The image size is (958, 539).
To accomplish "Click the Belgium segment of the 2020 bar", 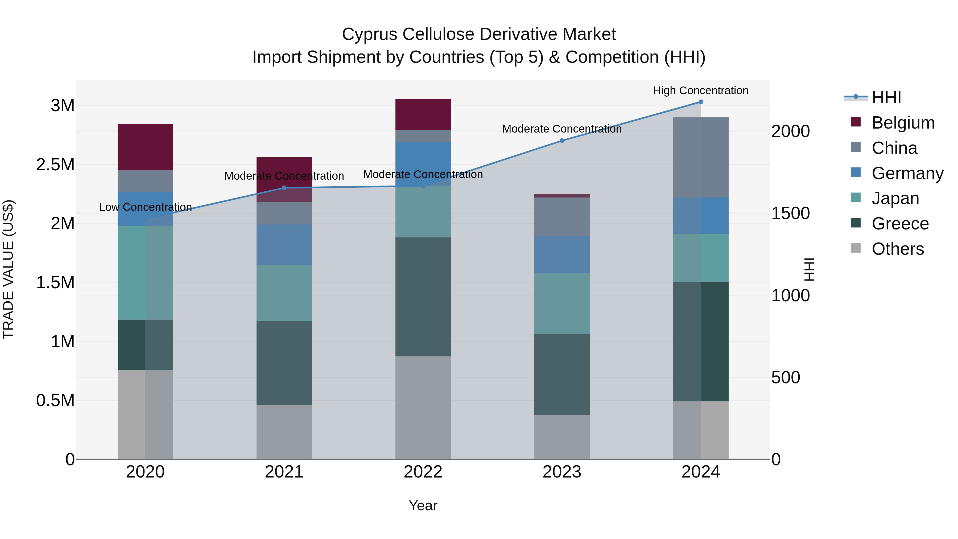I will pyautogui.click(x=145, y=147).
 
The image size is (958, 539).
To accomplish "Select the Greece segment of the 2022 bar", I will pyautogui.click(x=423, y=297).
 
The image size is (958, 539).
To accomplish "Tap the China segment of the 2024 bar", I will pyautogui.click(x=701, y=157).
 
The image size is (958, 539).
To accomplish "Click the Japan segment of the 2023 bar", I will pyautogui.click(x=562, y=303).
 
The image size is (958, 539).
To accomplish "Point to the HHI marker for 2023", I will pyautogui.click(x=562, y=141).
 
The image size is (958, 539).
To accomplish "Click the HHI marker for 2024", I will pyautogui.click(x=701, y=102).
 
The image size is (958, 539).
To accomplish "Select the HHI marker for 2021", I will pyautogui.click(x=284, y=188).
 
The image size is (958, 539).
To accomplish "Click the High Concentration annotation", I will pyautogui.click(x=701, y=90).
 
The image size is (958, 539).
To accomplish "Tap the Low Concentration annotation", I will pyautogui.click(x=145, y=207).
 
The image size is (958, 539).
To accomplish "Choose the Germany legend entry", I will pyautogui.click(x=907, y=173).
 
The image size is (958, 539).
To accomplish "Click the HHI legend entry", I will pyautogui.click(x=886, y=97).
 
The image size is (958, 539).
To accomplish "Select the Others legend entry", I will pyautogui.click(x=897, y=249).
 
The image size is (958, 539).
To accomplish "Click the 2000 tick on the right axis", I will pyautogui.click(x=790, y=131).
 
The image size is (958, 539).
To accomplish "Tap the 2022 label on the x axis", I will pyautogui.click(x=423, y=472).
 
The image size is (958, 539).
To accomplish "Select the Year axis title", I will pyautogui.click(x=423, y=505).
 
